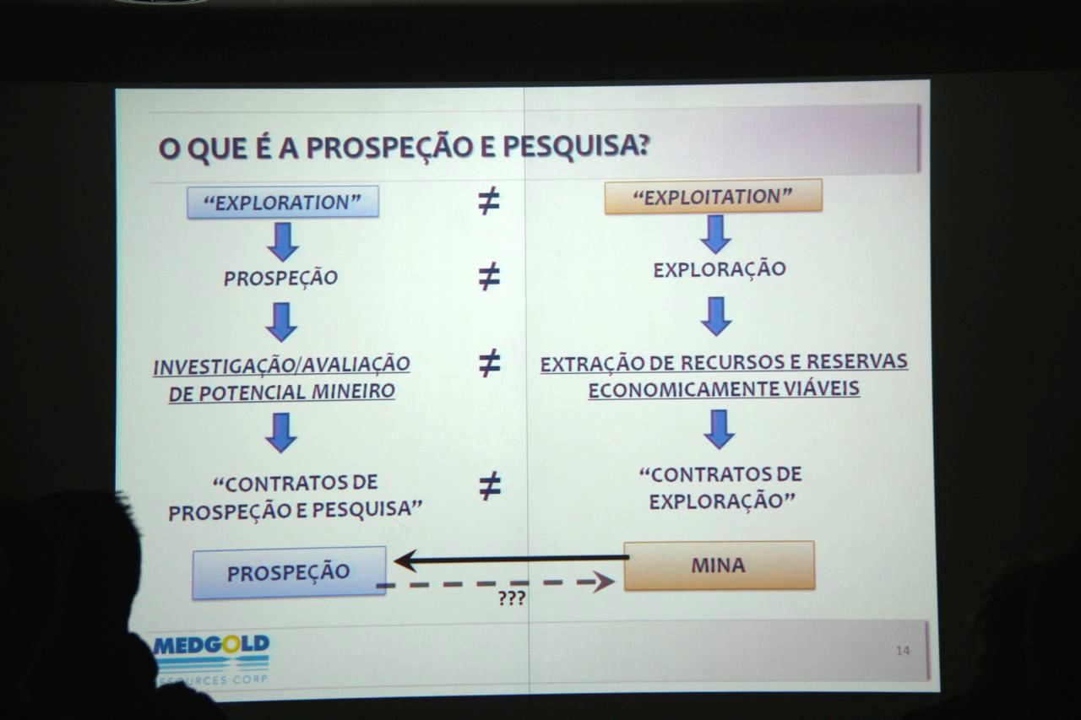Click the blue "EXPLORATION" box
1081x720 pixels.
pyautogui.click(x=283, y=202)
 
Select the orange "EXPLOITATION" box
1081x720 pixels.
pyautogui.click(x=714, y=197)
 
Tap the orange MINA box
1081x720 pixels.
pyautogui.click(x=719, y=566)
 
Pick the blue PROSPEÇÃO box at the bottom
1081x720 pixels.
pyautogui.click(x=289, y=573)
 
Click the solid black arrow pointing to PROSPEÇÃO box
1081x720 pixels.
pyautogui.click(x=512, y=560)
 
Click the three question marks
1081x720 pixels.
pyautogui.click(x=512, y=598)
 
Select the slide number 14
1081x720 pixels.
pyautogui.click(x=903, y=651)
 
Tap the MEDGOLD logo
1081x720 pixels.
pyautogui.click(x=211, y=658)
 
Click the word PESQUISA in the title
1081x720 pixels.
pyautogui.click(x=576, y=146)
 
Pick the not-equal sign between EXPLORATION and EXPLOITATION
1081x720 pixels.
pyautogui.click(x=489, y=201)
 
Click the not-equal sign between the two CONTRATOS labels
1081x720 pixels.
pyautogui.click(x=490, y=485)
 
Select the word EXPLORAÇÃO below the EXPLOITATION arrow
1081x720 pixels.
pyautogui.click(x=720, y=268)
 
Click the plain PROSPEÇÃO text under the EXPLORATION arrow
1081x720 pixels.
pyautogui.click(x=280, y=278)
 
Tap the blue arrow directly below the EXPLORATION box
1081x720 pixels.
pyautogui.click(x=283, y=241)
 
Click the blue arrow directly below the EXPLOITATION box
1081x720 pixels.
pyautogui.click(x=715, y=235)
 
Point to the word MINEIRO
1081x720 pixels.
pyautogui.click(x=353, y=391)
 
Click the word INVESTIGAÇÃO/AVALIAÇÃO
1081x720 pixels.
pyautogui.click(x=281, y=365)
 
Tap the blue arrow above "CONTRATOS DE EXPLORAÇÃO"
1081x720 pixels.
pyautogui.click(x=719, y=429)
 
